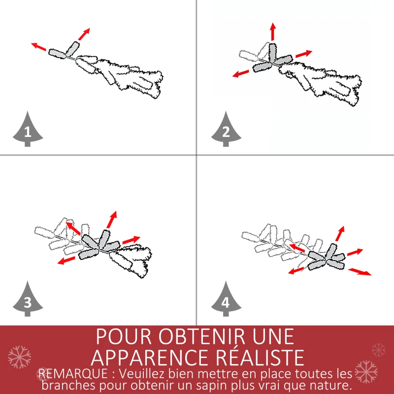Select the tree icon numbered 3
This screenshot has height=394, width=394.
click(x=27, y=300)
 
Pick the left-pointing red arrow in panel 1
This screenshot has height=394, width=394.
click(x=39, y=47)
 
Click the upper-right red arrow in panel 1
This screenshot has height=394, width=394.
click(x=84, y=33)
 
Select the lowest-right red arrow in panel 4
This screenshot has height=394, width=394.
click(x=360, y=271)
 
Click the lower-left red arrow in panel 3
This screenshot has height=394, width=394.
click(x=66, y=260)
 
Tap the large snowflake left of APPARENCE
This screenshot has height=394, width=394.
click(x=19, y=357)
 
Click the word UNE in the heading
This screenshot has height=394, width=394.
click(x=270, y=337)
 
